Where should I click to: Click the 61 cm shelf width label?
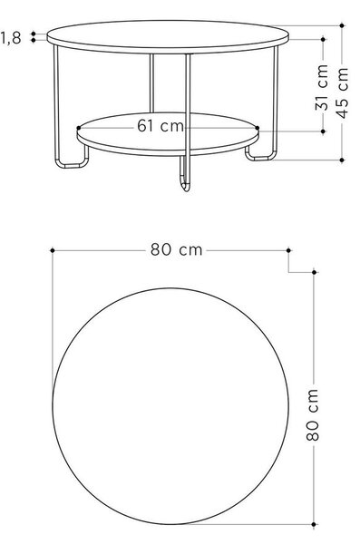coord(160,126)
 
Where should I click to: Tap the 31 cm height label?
coord(322,87)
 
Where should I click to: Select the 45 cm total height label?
coord(342,93)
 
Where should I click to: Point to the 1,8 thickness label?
coord(11,38)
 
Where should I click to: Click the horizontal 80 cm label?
coord(176,249)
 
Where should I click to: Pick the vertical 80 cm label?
coord(313,415)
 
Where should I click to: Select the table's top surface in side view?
coord(168,36)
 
